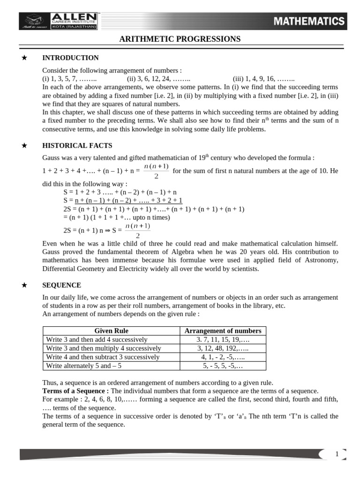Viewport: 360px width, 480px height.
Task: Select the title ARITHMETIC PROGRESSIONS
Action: coord(180,39)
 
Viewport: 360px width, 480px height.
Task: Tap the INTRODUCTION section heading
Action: coord(70,58)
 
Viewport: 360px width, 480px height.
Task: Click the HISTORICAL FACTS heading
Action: coord(77,146)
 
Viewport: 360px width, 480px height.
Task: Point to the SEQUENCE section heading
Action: coord(61,285)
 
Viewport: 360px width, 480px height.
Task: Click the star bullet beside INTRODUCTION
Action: coord(25,58)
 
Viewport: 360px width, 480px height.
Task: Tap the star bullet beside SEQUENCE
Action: coord(25,285)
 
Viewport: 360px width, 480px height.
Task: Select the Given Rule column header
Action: coord(111,331)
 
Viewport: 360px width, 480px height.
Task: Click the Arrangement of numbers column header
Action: coord(223,331)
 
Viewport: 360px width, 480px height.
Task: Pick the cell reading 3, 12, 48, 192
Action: coord(223,348)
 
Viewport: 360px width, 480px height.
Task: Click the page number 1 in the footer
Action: coord(337,454)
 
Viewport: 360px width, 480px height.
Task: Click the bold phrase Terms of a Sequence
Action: coord(75,391)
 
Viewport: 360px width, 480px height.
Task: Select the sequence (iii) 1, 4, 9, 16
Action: coord(263,79)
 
